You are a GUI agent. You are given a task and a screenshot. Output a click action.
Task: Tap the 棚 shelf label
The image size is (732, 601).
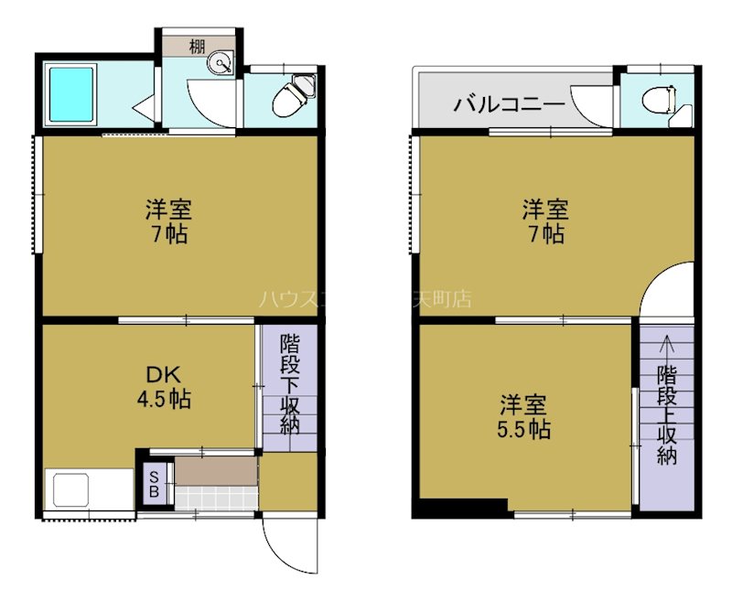tap(198, 47)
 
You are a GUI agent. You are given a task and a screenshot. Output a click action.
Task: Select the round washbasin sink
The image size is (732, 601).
tap(220, 63)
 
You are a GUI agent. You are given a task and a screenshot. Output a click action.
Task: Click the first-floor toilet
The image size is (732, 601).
tap(290, 98)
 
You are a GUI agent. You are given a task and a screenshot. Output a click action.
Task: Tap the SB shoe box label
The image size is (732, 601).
tap(154, 484)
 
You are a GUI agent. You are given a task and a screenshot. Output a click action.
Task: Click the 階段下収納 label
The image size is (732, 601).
tap(290, 385)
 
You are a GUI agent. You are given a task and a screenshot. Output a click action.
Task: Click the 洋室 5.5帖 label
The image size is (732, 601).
tap(524, 416)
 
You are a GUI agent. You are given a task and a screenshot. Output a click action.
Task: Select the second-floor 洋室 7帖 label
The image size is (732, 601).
tap(546, 221)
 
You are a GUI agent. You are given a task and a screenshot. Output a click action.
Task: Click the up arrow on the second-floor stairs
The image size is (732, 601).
tap(667, 347)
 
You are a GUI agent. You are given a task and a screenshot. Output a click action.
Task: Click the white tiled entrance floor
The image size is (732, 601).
tap(216, 499)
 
